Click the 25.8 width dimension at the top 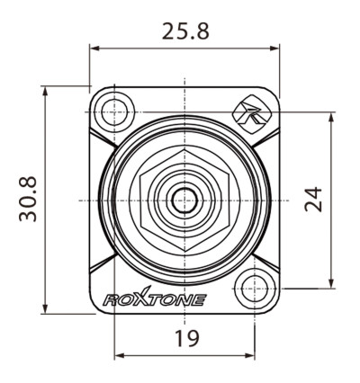(184, 31)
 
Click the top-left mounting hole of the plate (113, 112)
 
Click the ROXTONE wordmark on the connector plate (155, 299)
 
